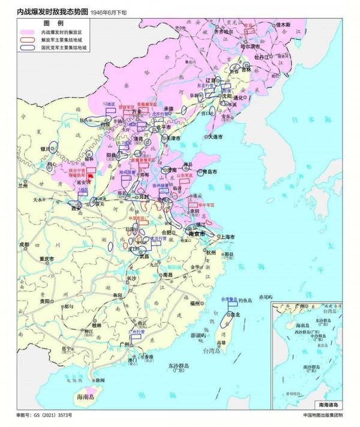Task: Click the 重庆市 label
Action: point(47,258)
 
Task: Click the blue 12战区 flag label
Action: point(109,104)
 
